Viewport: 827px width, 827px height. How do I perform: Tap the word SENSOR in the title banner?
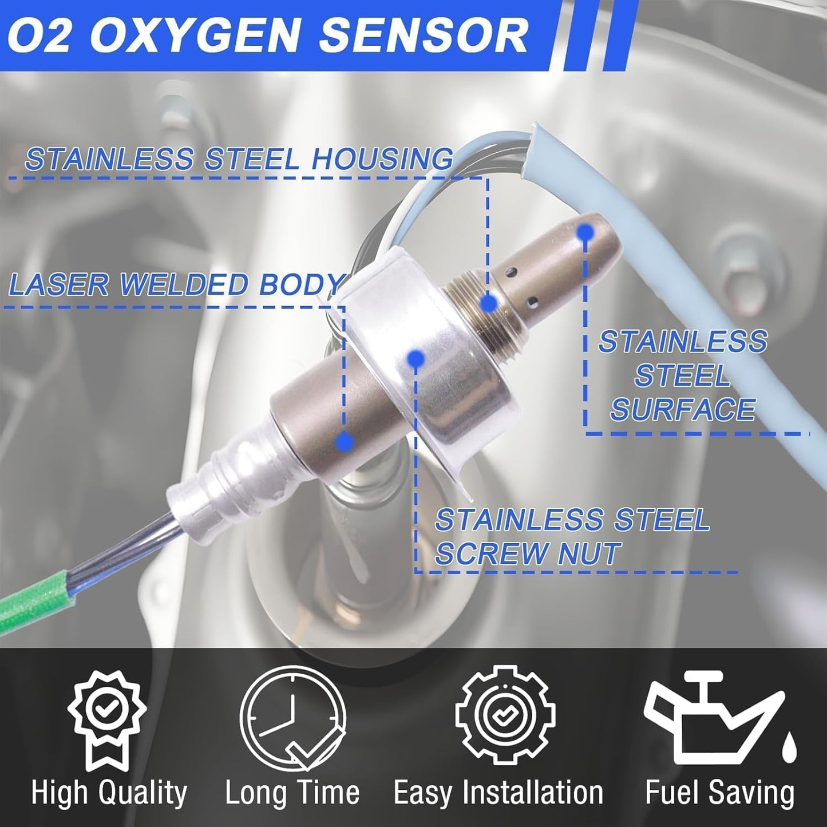422,35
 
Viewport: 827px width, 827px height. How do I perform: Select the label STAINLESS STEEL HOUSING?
239,159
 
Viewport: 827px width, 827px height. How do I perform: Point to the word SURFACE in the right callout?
683,410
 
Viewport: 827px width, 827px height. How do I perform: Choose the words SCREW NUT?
527,553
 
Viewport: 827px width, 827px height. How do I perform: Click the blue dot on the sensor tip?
585,232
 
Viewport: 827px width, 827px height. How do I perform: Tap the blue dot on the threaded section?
488,303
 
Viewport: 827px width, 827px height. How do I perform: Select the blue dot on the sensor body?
344,441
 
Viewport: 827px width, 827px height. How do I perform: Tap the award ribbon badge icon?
107,718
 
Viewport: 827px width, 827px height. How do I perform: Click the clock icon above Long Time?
292,718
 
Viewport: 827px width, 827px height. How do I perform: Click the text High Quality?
109,793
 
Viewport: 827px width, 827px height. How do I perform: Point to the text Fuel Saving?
719,793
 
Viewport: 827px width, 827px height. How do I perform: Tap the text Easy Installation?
498,793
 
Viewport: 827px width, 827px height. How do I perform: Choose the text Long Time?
292,793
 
